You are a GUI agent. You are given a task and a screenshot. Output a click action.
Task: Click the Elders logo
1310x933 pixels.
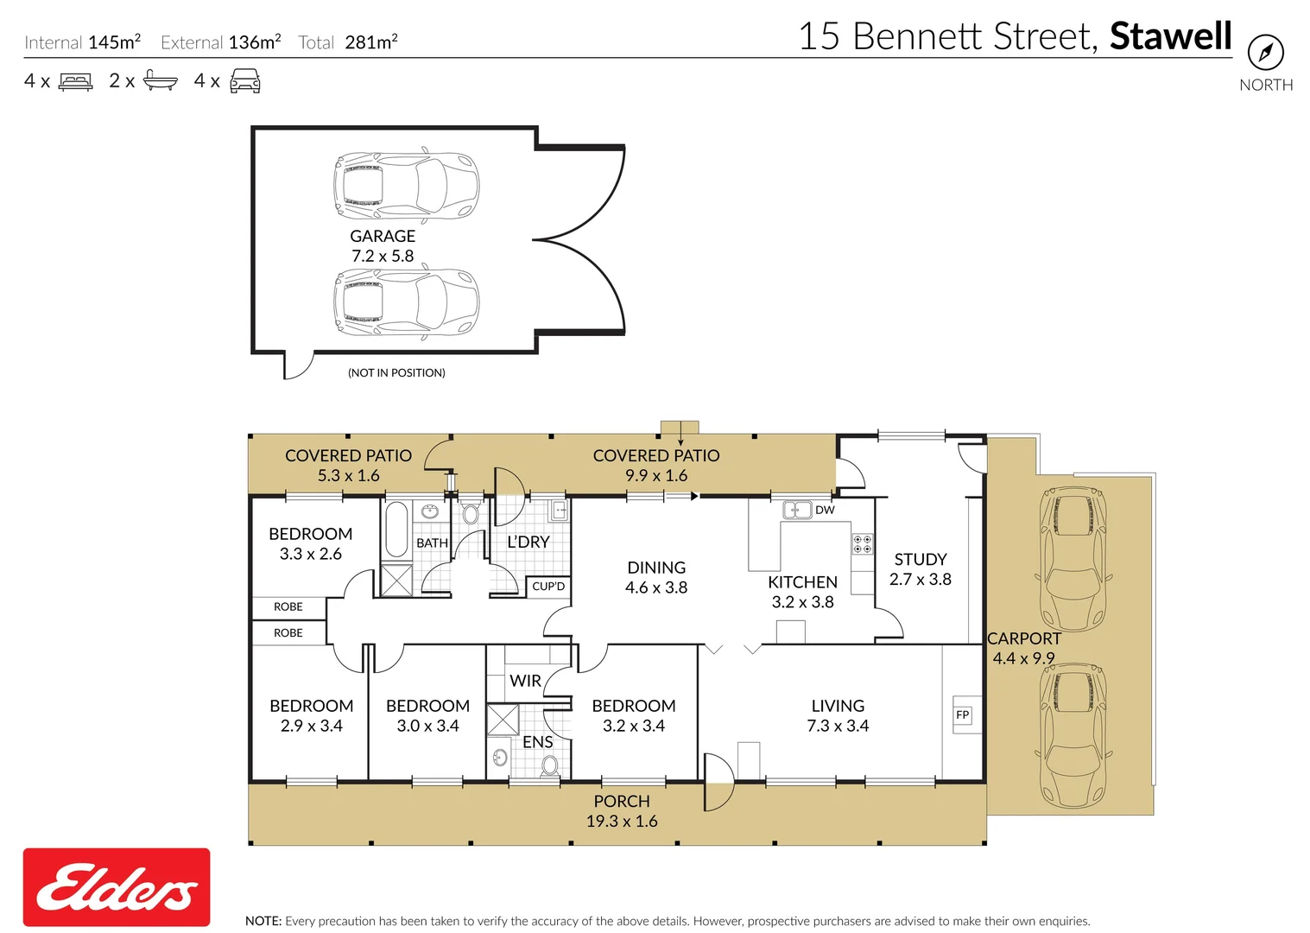point(117,887)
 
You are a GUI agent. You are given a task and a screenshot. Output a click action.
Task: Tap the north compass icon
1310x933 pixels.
point(1266,54)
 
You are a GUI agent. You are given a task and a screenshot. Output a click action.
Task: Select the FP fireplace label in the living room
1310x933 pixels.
point(963,714)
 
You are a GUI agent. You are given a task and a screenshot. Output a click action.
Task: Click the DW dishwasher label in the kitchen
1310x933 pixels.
point(825,510)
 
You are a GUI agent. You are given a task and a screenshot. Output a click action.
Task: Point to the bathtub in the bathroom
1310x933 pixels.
point(396,529)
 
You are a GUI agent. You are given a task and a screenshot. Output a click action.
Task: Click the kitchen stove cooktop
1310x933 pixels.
point(862,544)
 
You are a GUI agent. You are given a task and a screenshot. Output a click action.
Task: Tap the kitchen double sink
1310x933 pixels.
point(796,510)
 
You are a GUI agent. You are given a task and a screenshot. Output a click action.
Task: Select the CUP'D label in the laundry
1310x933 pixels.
point(548,587)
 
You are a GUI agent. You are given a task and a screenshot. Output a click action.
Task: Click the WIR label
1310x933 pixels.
point(525,681)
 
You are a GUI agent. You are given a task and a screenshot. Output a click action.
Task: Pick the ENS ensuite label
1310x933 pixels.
point(537,742)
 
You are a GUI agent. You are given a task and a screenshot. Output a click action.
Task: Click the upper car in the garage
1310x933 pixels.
point(406,186)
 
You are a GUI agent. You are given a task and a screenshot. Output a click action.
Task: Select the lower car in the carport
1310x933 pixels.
point(1073,736)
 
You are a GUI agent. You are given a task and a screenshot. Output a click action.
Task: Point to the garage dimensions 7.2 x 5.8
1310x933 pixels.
point(383,257)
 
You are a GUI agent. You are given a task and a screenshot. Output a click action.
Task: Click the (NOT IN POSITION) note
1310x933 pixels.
point(396,373)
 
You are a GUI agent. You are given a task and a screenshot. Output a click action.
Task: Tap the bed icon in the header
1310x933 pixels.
point(76,82)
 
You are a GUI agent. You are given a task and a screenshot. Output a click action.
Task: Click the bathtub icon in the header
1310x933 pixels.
point(160,81)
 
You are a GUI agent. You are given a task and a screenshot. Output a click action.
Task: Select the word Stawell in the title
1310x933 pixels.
point(1170,36)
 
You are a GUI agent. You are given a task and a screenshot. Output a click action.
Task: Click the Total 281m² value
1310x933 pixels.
point(370,42)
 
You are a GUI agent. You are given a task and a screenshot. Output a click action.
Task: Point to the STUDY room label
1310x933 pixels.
point(921,560)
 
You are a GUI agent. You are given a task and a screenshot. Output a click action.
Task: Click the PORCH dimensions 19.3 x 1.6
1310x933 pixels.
point(622,822)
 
